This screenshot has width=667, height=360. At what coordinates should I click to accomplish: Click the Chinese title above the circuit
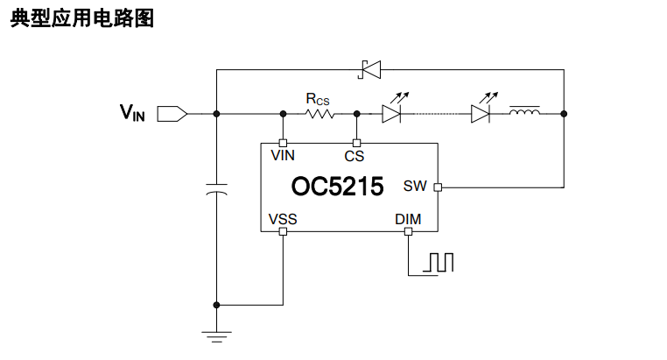pos(82,18)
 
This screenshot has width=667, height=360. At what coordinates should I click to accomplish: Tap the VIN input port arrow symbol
pos(172,114)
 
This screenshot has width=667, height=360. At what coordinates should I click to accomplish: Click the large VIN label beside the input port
pos(132,113)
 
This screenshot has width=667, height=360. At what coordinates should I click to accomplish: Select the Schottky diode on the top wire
pos(369,70)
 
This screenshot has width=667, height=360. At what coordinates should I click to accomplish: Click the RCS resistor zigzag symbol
pos(319,114)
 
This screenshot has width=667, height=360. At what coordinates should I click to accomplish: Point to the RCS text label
pos(318,99)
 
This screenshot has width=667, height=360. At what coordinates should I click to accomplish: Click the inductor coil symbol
pos(524,111)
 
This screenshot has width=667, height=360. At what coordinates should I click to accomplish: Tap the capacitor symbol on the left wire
pos(216,189)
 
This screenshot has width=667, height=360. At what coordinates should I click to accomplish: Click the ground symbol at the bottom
pos(216,337)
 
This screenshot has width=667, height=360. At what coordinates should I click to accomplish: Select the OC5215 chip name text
pos(337,187)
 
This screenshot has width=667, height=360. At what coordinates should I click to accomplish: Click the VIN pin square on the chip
pos(283,144)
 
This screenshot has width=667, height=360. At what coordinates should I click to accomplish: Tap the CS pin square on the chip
pos(357,144)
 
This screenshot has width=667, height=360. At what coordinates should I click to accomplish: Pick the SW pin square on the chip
pos(438,187)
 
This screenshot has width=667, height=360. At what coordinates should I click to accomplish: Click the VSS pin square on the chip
pos(283,231)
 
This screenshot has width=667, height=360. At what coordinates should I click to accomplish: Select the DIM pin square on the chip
pos(409,231)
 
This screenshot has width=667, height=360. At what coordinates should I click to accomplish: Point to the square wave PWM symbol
pos(439,262)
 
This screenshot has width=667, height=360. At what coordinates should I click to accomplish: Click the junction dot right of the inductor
pos(564,114)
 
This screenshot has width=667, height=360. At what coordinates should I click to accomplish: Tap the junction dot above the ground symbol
pos(216,305)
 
